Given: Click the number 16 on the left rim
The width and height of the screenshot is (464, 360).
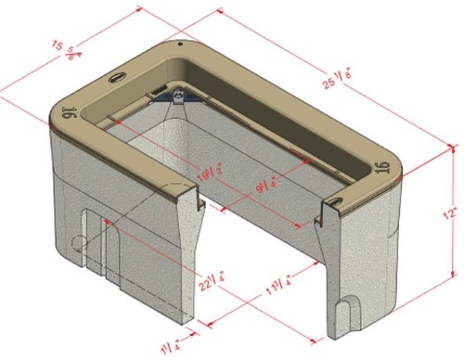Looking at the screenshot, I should coord(68,113).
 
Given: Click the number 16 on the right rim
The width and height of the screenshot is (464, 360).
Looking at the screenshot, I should coord(381,168).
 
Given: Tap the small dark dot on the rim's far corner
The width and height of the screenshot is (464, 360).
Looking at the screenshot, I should coord(179,43).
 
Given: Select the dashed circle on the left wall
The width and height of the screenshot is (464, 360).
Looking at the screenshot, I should coord(78,244).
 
